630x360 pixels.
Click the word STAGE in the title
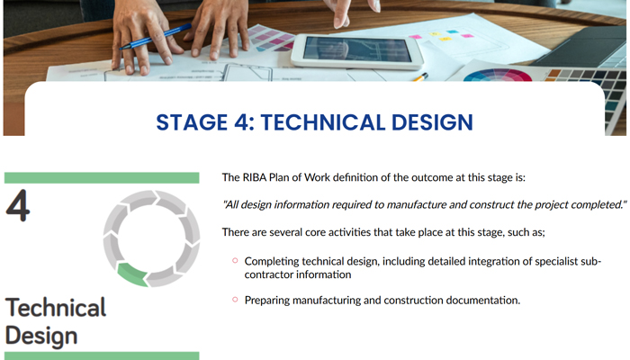(192, 122)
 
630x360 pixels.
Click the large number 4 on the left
(18, 206)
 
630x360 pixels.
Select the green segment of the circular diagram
(132, 274)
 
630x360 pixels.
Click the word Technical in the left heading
(56, 308)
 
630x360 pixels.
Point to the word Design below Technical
(41, 336)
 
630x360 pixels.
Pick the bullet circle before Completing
(235, 261)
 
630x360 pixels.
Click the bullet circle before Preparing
(235, 300)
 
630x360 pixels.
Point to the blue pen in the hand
(155, 37)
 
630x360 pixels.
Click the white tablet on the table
(356, 50)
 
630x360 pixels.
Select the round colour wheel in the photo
(498, 75)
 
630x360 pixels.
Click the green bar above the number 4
(102, 178)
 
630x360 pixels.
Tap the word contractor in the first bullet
(269, 274)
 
